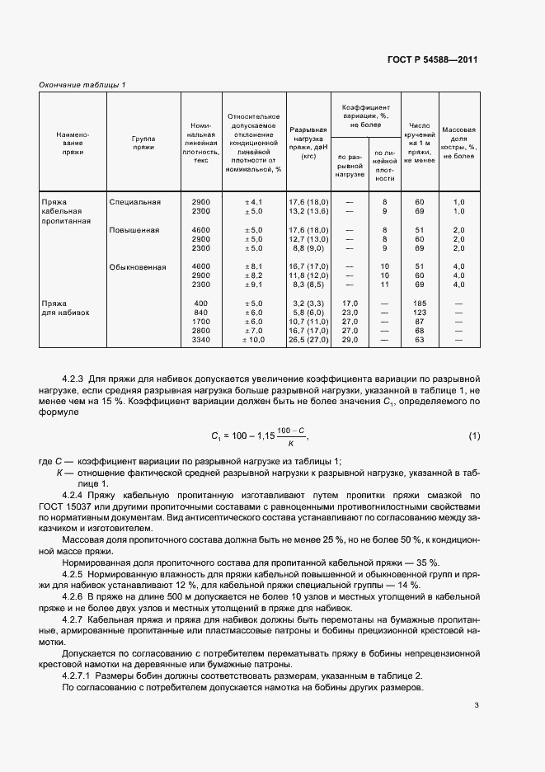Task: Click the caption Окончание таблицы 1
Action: pos(82,84)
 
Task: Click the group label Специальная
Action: pos(134,201)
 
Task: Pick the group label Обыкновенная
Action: pos(138,266)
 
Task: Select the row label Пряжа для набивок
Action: pos(65,308)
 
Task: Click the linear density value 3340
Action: pos(200,339)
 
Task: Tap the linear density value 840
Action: pos(200,313)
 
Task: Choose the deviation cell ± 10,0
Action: pos(253,339)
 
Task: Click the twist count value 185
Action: pos(419,304)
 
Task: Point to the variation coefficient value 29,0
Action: pos(349,339)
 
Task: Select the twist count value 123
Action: pos(419,313)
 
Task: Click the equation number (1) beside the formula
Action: pos(474,435)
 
